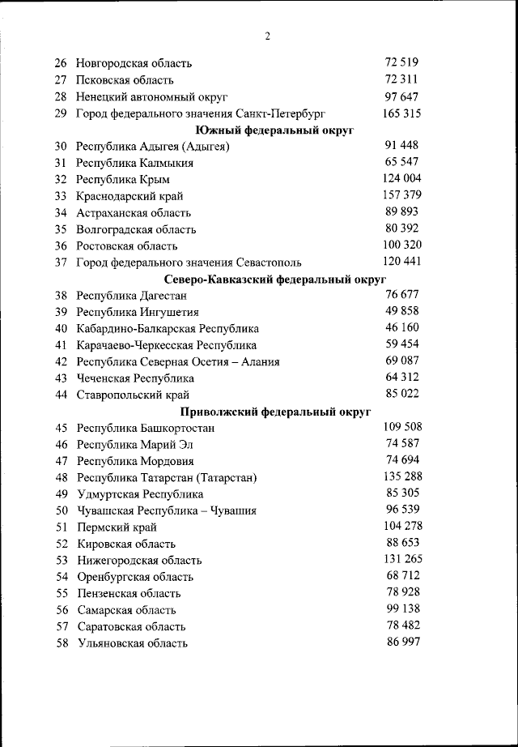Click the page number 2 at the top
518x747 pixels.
tap(267, 36)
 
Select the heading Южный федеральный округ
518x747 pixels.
tap(275, 130)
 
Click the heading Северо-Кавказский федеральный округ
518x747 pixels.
tap(275, 280)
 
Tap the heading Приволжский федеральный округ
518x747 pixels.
tap(275, 412)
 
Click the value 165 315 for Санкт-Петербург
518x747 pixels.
tap(401, 113)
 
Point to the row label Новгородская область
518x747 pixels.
tap(134, 63)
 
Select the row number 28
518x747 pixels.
tap(61, 96)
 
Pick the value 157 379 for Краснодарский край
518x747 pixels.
tap(401, 195)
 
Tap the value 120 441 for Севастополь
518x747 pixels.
tap(401, 262)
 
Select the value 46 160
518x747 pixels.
tap(402, 327)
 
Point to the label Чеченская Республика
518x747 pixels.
tap(135, 378)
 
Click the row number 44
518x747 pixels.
tap(61, 395)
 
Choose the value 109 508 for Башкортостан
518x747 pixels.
tap(401, 427)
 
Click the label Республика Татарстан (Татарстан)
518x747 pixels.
tap(167, 478)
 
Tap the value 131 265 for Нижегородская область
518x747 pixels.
tap(401, 559)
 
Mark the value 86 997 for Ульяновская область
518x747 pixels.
tap(402, 642)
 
